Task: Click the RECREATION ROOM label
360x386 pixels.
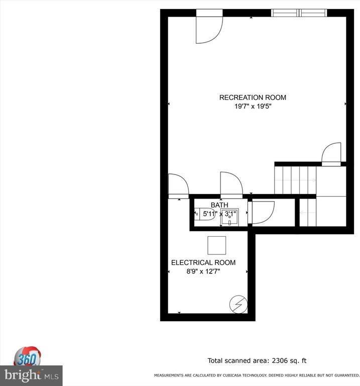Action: pos(253,98)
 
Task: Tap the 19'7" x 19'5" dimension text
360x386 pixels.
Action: pos(253,107)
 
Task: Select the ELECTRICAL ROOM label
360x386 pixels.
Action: pos(203,263)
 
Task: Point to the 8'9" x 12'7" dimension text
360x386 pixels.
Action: pos(203,271)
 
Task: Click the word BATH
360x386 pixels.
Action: pos(219,205)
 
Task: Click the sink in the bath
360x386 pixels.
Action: pos(229,217)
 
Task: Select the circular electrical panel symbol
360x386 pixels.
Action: pos(238,304)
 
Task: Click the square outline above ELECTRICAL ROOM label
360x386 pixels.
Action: pos(216,245)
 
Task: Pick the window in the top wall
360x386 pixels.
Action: pos(299,13)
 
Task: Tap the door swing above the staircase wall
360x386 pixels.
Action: pos(331,154)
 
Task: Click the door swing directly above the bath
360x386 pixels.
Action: pos(231,185)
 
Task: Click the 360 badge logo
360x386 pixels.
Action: pos(27,357)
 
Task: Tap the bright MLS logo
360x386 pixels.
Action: pos(31,375)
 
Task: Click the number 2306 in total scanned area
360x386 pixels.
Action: pos(280,361)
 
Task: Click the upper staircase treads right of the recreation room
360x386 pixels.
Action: pos(295,180)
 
